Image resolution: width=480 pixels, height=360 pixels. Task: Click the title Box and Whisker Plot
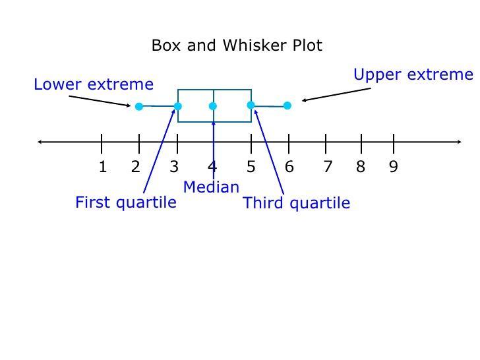237,45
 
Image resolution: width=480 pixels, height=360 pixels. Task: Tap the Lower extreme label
93,84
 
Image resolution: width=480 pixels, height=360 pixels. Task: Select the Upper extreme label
413,75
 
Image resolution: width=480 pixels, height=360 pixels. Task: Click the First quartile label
126,202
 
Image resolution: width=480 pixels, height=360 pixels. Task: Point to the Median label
211,187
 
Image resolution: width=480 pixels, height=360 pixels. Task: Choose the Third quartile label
297,203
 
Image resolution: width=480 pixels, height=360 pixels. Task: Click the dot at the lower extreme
139,106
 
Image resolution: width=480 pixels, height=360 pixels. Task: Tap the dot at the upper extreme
287,105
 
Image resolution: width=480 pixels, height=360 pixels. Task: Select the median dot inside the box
213,105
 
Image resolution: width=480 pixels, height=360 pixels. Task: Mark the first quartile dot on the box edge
178,106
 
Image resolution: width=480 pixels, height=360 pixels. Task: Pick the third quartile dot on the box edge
251,105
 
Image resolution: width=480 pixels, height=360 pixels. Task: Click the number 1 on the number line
102,167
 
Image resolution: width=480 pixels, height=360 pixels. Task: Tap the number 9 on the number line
394,167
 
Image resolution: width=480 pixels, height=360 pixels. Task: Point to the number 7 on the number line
327,167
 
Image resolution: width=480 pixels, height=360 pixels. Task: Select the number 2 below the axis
136,167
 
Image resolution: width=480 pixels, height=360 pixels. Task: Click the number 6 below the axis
289,167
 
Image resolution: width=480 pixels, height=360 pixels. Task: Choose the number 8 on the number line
361,167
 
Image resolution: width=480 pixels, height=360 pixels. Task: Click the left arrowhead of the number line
41,141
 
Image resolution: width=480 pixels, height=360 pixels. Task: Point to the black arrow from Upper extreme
336,94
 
